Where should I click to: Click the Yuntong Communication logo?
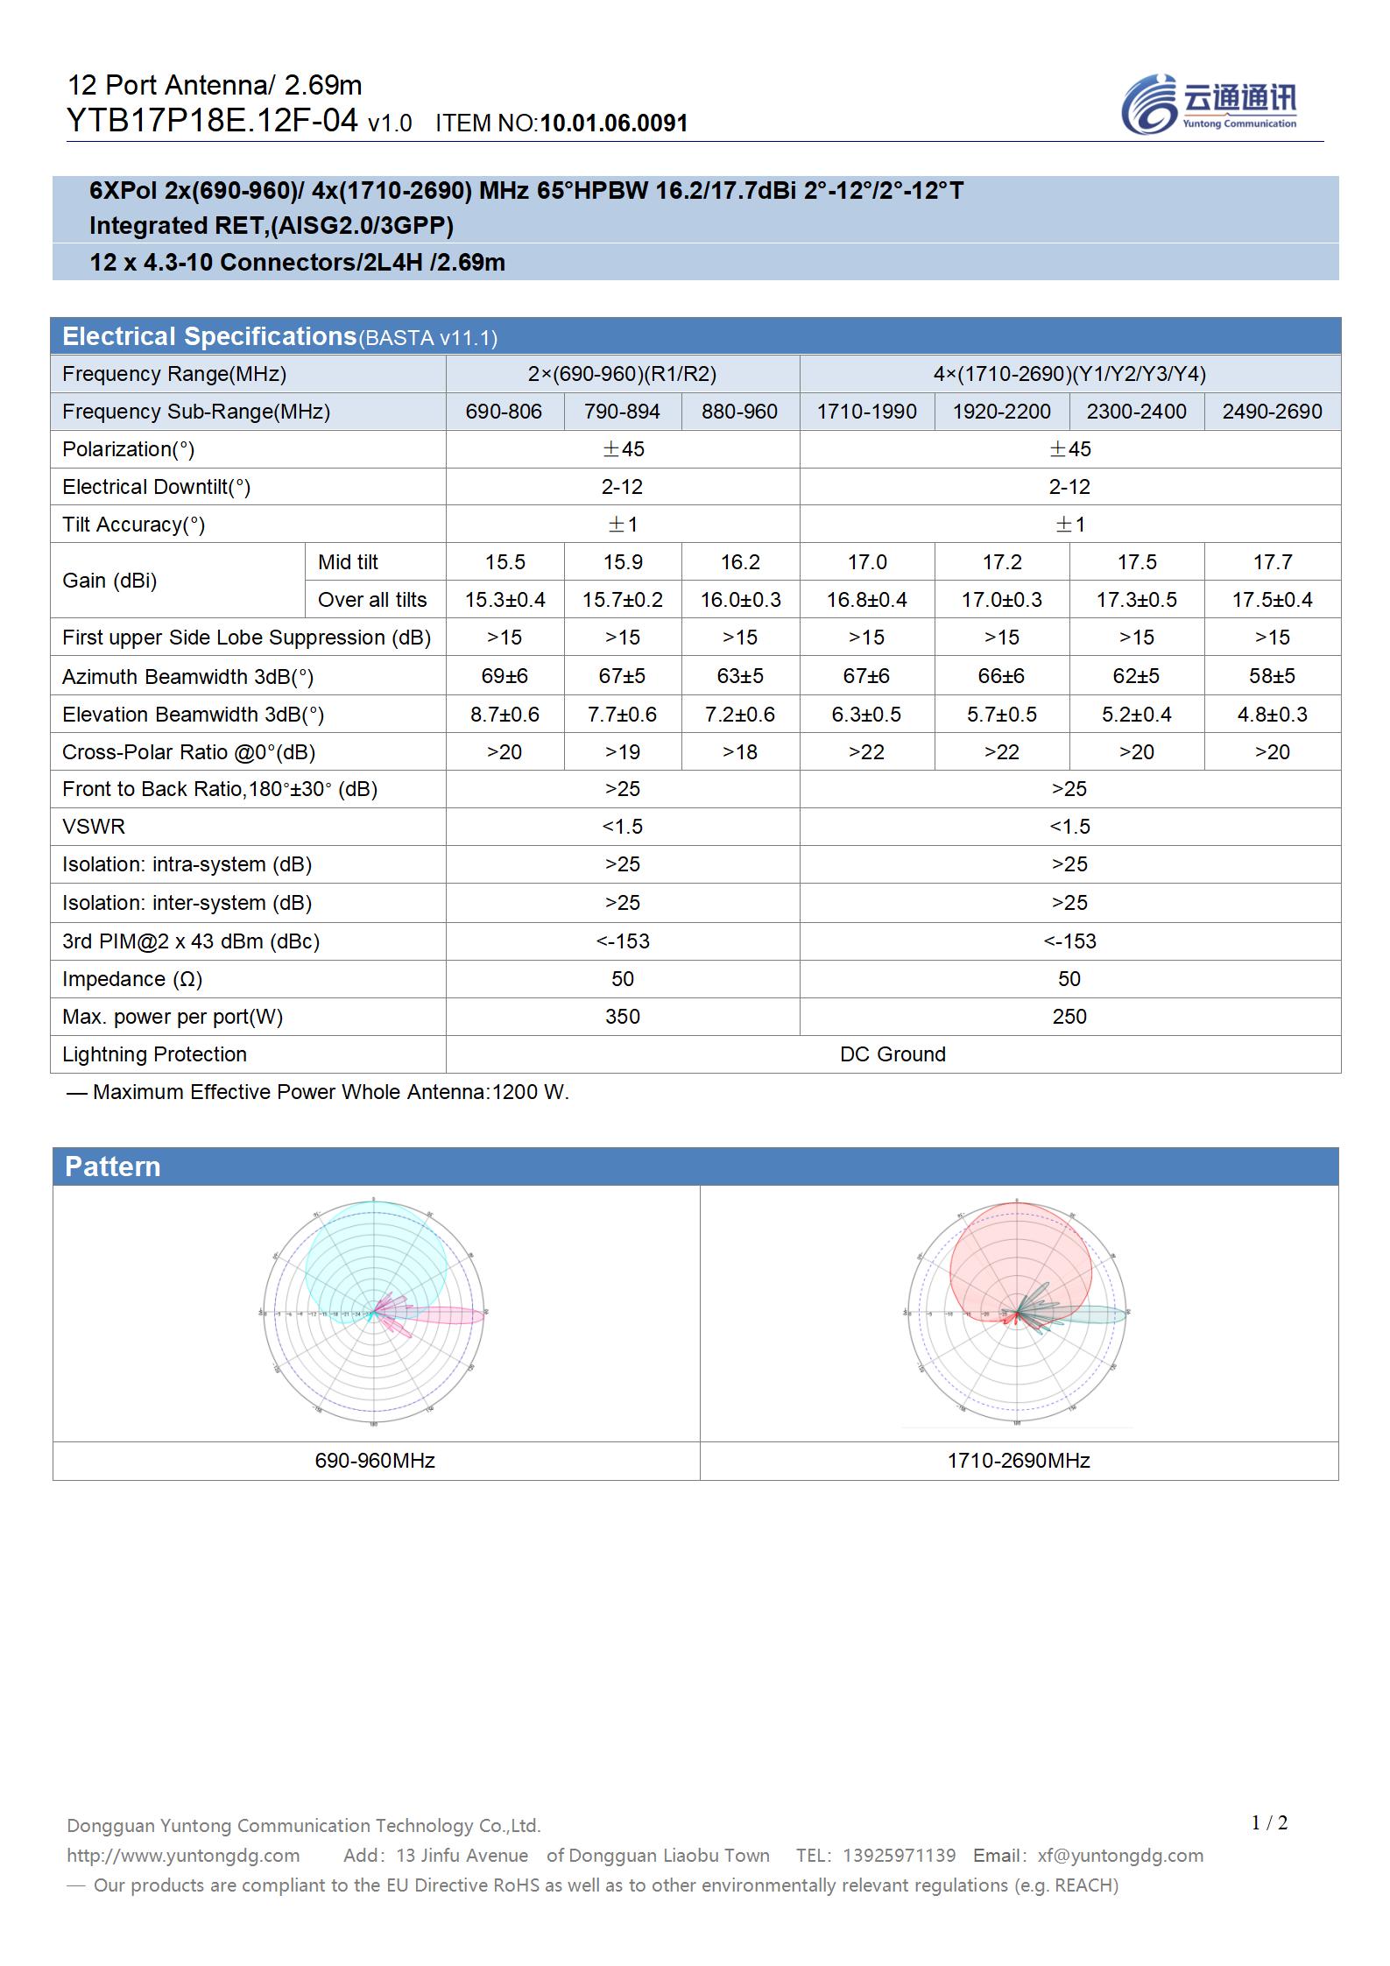pyautogui.click(x=1210, y=104)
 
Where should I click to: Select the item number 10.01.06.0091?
pyautogui.click(x=614, y=123)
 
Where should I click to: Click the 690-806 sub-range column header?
pyautogui.click(x=504, y=412)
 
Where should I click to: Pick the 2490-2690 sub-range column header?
pyautogui.click(x=1272, y=412)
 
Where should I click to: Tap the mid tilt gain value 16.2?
pyautogui.click(x=740, y=562)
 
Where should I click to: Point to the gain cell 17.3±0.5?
pyautogui.click(x=1137, y=600)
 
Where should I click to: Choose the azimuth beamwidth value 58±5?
pyautogui.click(x=1272, y=676)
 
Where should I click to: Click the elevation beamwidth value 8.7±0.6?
pyautogui.click(x=504, y=715)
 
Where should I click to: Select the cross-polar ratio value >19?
pyautogui.click(x=622, y=752)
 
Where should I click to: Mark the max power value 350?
pyautogui.click(x=622, y=1017)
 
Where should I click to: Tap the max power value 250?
pyautogui.click(x=1069, y=1017)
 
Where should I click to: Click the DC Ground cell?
pyautogui.click(x=893, y=1054)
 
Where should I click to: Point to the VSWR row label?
pyautogui.click(x=94, y=827)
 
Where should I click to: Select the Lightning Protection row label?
pyautogui.click(x=154, y=1054)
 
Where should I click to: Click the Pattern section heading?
pyautogui.click(x=113, y=1166)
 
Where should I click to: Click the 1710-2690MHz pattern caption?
pyautogui.click(x=1019, y=1461)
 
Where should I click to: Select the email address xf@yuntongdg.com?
pyautogui.click(x=1120, y=1855)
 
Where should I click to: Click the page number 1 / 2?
pyautogui.click(x=1270, y=1823)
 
